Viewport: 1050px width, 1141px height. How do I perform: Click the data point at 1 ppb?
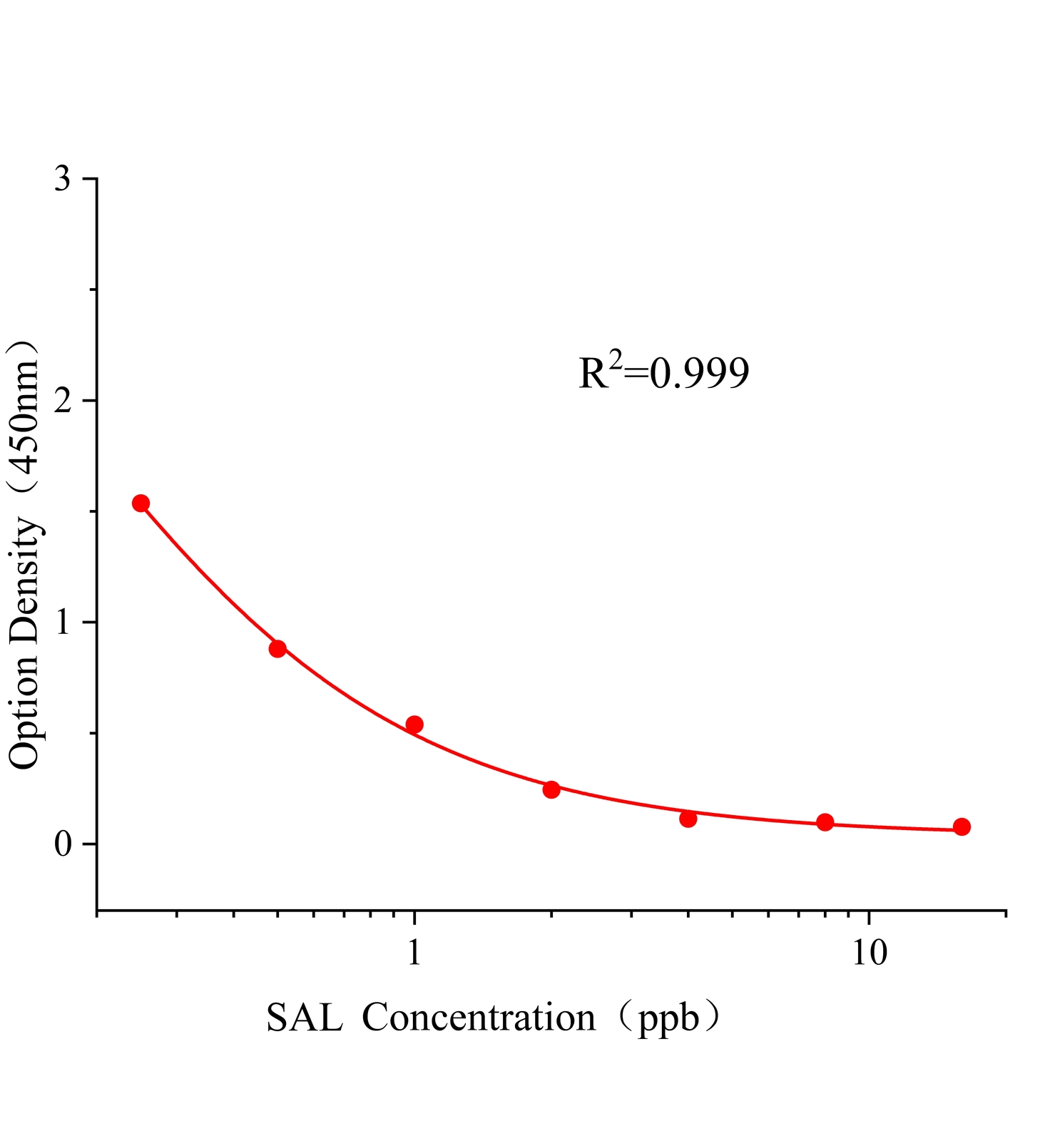414,725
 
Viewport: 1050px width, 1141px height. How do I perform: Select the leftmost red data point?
141,503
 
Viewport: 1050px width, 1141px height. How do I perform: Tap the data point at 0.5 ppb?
277,649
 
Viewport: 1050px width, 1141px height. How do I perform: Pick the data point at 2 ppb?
551,789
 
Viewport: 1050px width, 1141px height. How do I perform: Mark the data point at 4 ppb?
688,819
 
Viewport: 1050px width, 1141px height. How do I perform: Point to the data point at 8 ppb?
825,822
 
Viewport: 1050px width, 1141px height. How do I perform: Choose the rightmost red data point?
962,827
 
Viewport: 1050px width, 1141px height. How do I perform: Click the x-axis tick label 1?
414,952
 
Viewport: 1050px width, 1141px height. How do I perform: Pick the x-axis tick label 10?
870,952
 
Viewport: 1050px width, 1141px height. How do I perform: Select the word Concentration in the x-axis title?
479,1018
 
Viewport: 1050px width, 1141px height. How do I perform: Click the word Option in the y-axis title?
26,717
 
